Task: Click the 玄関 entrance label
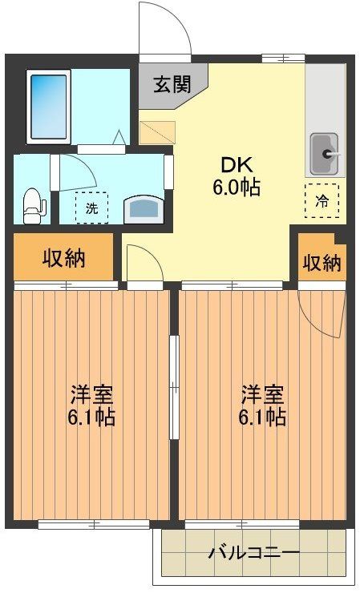172,84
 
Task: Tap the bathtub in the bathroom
48,107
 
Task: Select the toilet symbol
34,207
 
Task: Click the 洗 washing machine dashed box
91,208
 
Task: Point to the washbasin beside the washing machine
144,209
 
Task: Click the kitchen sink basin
325,155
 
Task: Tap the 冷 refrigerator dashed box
322,201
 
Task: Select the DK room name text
237,165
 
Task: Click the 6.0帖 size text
237,187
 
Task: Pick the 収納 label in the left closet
63,258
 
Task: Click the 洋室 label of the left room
91,394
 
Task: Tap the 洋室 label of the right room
262,394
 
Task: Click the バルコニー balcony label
254,554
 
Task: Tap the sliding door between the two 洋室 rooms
174,387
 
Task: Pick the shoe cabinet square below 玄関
157,133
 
